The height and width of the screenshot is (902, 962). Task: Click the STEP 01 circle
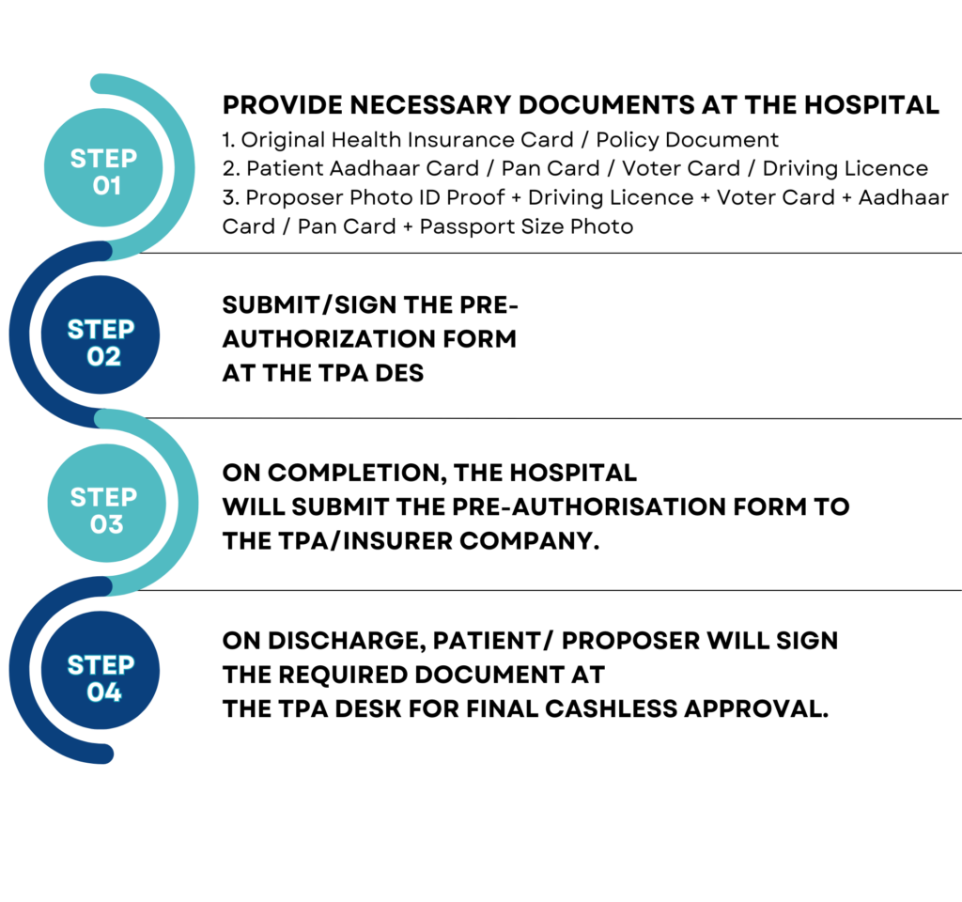[103, 167]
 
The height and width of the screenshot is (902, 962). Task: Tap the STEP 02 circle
[101, 334]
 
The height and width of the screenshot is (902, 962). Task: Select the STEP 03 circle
[107, 504]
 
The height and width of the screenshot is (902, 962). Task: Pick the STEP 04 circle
[101, 670]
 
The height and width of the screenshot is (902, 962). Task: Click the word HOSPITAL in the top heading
[872, 105]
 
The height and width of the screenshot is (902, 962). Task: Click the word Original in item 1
[283, 141]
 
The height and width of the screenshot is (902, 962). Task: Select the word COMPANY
[529, 541]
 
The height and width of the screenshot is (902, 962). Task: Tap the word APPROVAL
[756, 709]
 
